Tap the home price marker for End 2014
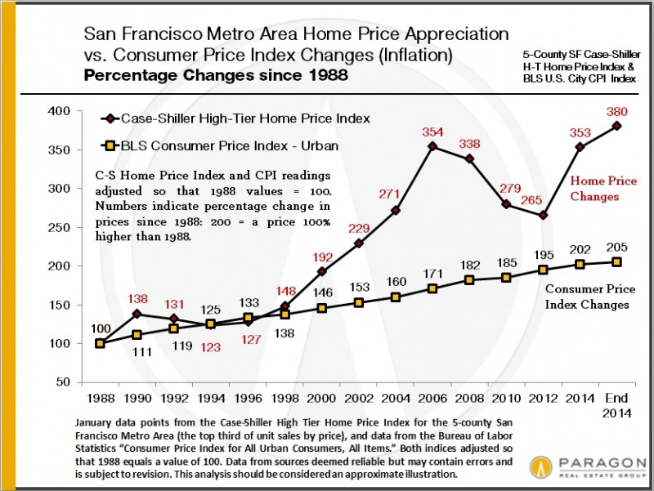tap(616, 126)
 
